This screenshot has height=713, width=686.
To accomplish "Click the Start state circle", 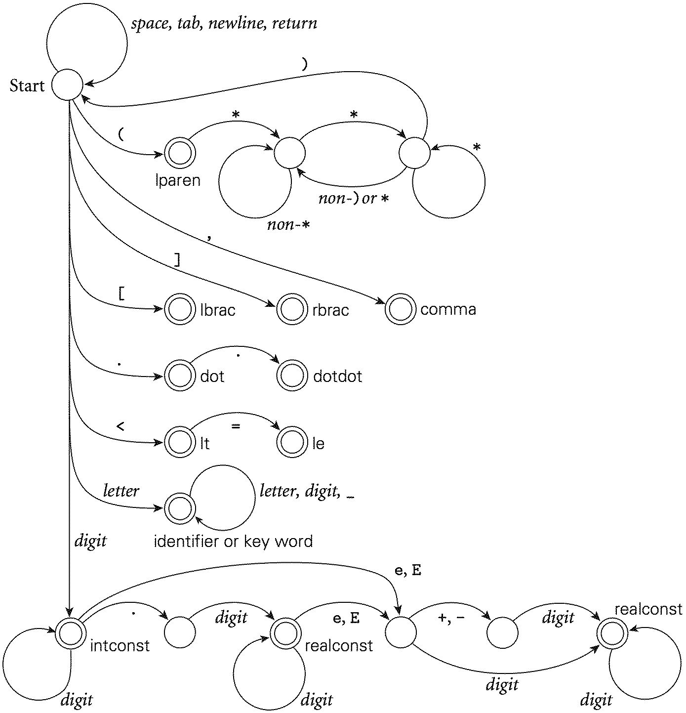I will click(x=68, y=85).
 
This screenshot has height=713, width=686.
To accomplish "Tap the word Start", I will click(x=27, y=86).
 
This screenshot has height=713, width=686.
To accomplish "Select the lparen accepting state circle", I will click(x=179, y=154).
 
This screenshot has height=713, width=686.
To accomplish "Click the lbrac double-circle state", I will click(x=179, y=310).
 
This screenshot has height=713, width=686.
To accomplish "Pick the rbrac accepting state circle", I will click(x=292, y=310).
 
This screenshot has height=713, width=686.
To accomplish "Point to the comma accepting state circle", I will click(x=400, y=310).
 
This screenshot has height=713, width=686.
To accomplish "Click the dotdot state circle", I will click(x=292, y=376).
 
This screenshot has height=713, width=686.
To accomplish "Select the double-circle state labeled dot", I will click(x=179, y=376).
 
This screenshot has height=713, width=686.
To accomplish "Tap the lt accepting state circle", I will click(x=179, y=443).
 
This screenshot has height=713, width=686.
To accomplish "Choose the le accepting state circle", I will click(x=292, y=443).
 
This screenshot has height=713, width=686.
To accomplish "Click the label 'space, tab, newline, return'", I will click(x=224, y=23).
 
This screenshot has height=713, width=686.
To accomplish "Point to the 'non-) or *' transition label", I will click(x=353, y=199).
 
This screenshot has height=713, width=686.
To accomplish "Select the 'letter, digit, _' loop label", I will click(x=306, y=491).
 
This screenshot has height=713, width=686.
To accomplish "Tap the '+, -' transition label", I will click(x=451, y=618).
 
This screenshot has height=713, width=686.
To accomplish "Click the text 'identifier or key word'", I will click(x=233, y=542).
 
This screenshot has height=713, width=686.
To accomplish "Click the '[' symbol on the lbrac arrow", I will click(x=121, y=294).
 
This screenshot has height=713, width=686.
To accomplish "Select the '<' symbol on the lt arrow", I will click(x=120, y=426).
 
